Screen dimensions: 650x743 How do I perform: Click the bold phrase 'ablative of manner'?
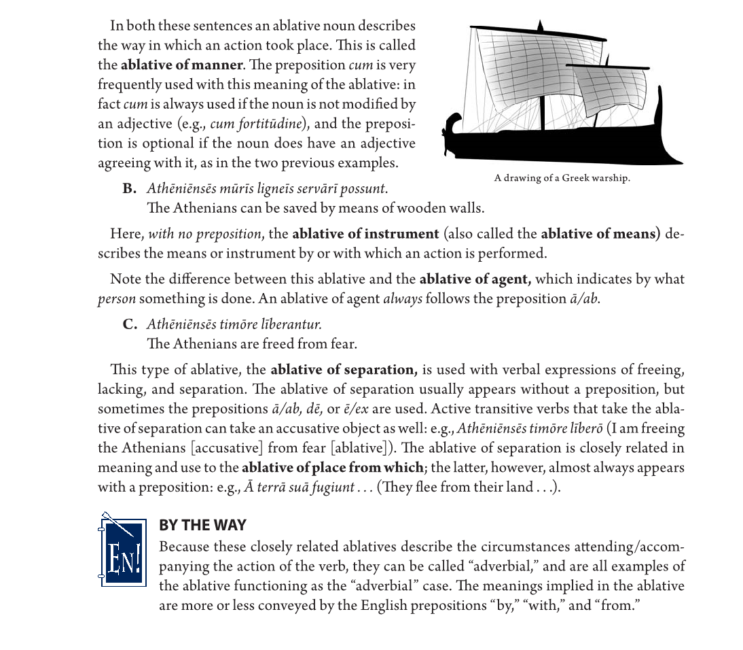pos(181,65)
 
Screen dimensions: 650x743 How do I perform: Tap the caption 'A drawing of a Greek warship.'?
pos(562,178)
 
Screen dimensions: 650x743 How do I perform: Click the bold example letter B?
pos(130,188)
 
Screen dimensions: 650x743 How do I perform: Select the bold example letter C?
pos(130,324)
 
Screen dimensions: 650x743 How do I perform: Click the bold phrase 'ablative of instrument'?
pos(365,234)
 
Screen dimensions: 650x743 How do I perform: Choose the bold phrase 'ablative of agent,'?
pos(475,279)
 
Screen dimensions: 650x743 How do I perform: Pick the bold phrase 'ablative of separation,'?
pos(344,370)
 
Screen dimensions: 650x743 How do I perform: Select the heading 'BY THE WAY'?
pos(202,525)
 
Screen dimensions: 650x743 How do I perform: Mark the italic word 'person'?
pos(116,298)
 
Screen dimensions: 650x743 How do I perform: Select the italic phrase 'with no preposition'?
pos(204,234)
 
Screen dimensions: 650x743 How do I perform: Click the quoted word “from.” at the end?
pos(617,605)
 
